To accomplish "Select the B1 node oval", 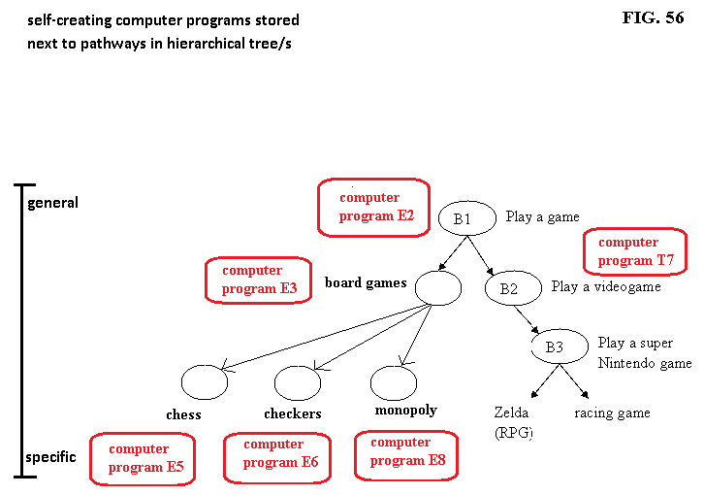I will (463, 218).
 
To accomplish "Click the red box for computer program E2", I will (373, 207).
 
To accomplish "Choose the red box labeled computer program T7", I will (634, 251).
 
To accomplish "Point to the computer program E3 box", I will (258, 280).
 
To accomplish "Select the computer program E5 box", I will (144, 458).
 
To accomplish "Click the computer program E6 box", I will (278, 454).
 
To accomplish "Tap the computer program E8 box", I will (405, 452).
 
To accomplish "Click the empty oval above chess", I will (205, 382).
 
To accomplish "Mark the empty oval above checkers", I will (297, 382).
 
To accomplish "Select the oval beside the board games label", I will (437, 287).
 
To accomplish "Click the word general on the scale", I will (53, 203).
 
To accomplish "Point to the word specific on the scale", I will (51, 456).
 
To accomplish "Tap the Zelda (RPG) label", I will (513, 422).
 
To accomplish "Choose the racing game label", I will (612, 412).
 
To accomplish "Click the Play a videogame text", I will (606, 286).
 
